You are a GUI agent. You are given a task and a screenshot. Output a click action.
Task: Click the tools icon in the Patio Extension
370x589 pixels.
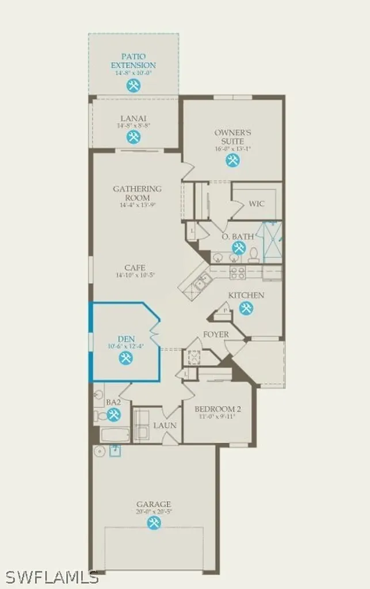[133, 86]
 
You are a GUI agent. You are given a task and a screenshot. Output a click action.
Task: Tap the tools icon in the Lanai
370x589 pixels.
[133, 137]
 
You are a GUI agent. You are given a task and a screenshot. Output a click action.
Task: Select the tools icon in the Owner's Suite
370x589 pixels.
[232, 160]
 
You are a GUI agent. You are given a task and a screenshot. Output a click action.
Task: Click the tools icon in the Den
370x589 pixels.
[125, 358]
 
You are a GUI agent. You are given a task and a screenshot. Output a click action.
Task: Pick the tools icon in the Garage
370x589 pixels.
[154, 523]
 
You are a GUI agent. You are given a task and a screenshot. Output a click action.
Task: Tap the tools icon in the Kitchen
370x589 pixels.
[246, 308]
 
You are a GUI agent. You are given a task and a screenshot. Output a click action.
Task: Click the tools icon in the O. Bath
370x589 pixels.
[238, 248]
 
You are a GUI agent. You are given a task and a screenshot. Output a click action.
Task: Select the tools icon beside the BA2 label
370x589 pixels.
[113, 414]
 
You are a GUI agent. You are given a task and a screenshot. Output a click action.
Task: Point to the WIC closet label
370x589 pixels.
[257, 204]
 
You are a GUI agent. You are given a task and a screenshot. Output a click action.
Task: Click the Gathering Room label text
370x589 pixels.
[137, 193]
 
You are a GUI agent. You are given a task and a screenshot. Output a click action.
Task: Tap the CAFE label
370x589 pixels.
[135, 267]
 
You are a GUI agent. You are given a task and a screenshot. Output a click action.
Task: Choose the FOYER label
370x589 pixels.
[216, 334]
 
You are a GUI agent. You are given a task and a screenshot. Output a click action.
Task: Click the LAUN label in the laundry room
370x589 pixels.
[165, 426]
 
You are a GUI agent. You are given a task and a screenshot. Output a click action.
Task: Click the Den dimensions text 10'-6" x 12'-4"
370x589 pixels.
[125, 346]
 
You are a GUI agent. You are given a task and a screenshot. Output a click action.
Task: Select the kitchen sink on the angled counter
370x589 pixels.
[200, 282]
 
